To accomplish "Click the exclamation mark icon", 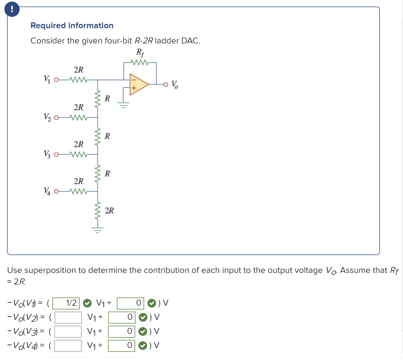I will pyautogui.click(x=12, y=9).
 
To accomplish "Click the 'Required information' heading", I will pyautogui.click(x=72, y=26).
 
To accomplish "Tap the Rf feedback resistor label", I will pyautogui.click(x=140, y=52).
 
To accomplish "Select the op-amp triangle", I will pyautogui.click(x=138, y=84).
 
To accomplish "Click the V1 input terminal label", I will pyautogui.click(x=47, y=79).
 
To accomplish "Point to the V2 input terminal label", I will pyautogui.click(x=47, y=117).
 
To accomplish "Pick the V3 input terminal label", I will pyautogui.click(x=47, y=154).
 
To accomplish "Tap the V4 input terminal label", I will pyautogui.click(x=47, y=191).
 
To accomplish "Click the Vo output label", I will pyautogui.click(x=175, y=85).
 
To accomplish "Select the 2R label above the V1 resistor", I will pyautogui.click(x=79, y=70).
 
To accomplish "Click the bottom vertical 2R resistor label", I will pyautogui.click(x=109, y=210).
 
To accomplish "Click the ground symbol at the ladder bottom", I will pyautogui.click(x=97, y=231).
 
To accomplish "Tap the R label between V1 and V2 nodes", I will pyautogui.click(x=107, y=98).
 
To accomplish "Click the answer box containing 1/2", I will pyautogui.click(x=66, y=303).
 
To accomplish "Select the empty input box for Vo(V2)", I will pyautogui.click(x=68, y=317).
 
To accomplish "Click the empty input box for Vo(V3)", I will pyautogui.click(x=68, y=331).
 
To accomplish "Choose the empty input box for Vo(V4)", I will pyautogui.click(x=68, y=346).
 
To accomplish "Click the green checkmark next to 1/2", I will pyautogui.click(x=87, y=303).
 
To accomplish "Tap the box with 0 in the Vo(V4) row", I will pyautogui.click(x=122, y=346).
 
